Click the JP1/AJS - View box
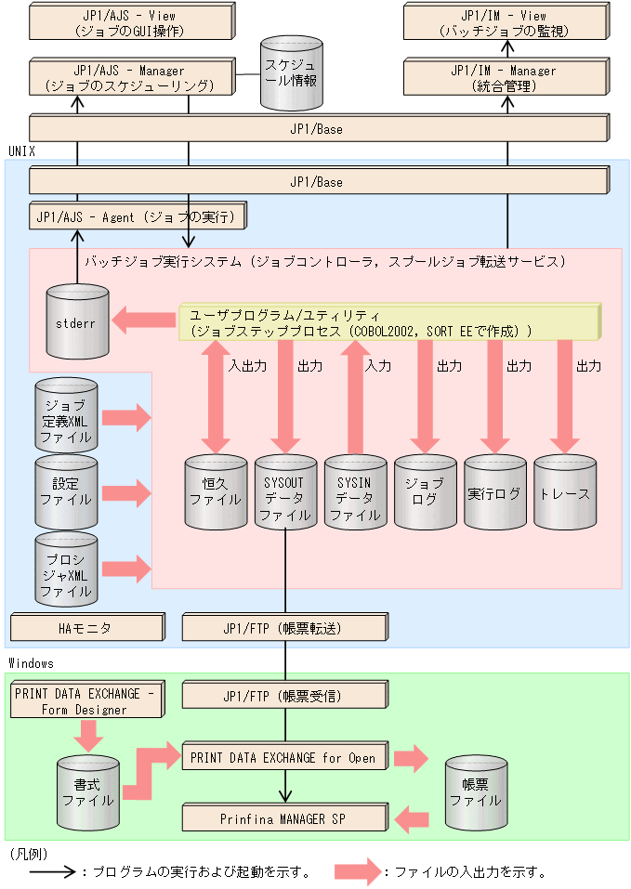129,23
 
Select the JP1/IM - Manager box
503,78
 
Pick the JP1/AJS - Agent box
138,218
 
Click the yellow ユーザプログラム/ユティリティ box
388,321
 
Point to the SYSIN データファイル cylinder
354,491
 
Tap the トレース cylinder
564,491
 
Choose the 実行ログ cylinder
494,491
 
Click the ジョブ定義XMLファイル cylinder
66,415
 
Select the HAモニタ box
86,628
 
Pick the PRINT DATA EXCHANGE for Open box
283,757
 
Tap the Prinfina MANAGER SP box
283,818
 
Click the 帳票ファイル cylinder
476,791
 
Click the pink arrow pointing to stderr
144,321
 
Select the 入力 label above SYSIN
378,366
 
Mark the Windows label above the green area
31,663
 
